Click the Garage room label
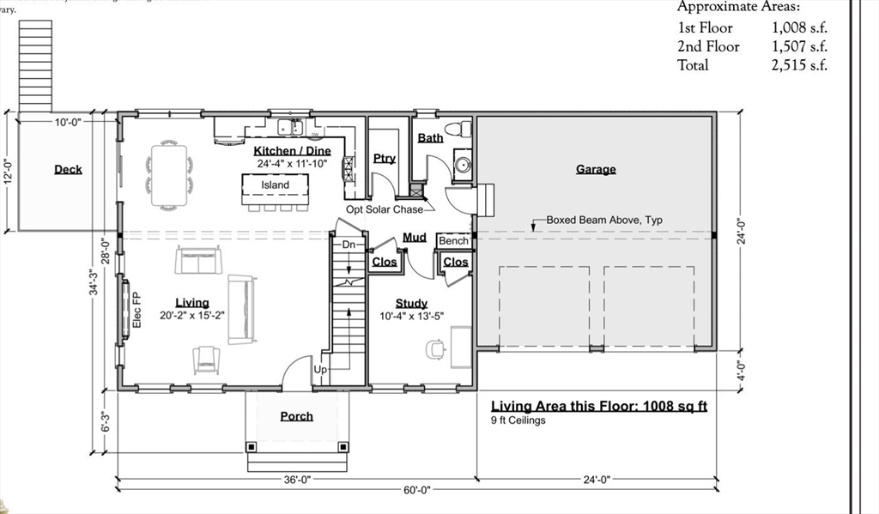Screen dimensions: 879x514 point(596,169)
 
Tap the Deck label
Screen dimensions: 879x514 point(68,169)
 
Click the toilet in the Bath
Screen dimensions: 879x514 point(465,129)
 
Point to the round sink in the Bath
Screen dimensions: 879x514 point(461,166)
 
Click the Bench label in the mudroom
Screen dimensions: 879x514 point(454,241)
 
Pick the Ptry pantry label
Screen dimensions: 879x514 point(385,158)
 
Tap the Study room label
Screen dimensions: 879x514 point(411,303)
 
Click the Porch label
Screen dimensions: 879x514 point(297,416)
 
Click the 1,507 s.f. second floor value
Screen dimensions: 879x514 point(799,46)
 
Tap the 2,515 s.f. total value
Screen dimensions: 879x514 point(799,65)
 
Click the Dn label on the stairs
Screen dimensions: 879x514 point(349,245)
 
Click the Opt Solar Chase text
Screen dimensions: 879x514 point(385,209)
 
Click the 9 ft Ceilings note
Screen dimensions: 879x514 point(518,420)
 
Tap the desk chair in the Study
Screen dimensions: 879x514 point(434,348)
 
